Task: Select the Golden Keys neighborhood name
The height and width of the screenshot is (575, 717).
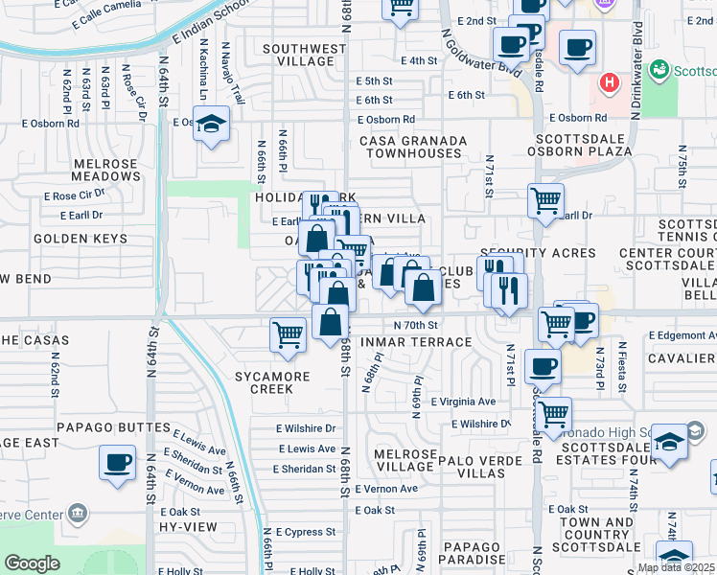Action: click(x=74, y=238)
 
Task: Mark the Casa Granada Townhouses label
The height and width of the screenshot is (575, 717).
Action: click(x=413, y=147)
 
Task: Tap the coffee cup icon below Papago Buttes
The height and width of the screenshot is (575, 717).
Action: click(x=118, y=462)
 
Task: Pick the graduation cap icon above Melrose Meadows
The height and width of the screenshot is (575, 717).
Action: click(x=211, y=123)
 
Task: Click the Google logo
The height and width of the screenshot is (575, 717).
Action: click(x=32, y=563)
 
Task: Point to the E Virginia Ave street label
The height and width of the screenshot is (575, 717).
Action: click(x=463, y=402)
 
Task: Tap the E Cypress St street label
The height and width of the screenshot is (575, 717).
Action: click(x=306, y=531)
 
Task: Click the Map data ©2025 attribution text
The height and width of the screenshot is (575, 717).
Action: click(x=676, y=567)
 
